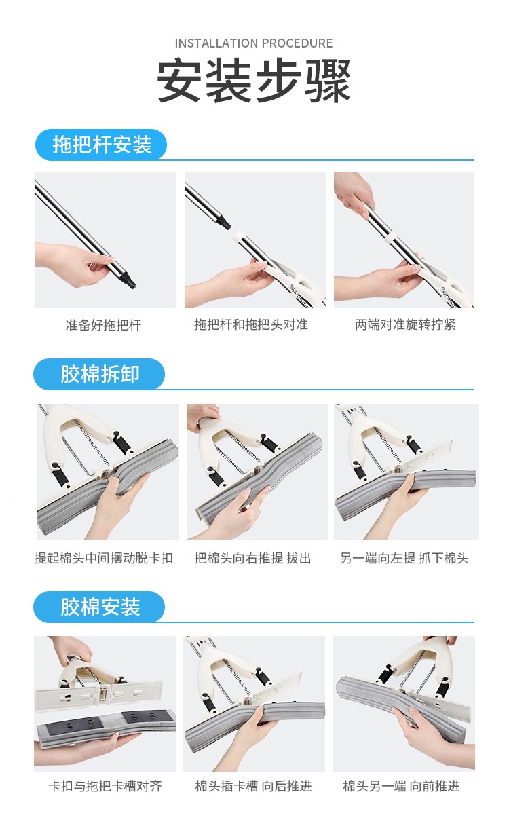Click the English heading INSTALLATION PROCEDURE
[253, 43]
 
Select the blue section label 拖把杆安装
[102, 144]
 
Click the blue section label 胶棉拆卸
[100, 374]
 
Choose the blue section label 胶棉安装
[100, 607]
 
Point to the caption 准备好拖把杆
[104, 325]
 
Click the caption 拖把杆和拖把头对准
[251, 324]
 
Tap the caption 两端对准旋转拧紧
[405, 324]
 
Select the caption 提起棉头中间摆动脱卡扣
[104, 558]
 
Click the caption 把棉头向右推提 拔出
[252, 558]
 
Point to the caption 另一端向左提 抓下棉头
[404, 558]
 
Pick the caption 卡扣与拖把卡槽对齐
[105, 786]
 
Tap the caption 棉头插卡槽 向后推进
[253, 786]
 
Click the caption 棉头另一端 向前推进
[401, 786]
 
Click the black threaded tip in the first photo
[130, 282]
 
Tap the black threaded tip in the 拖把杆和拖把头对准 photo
[224, 222]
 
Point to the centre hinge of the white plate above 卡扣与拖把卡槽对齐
[102, 693]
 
